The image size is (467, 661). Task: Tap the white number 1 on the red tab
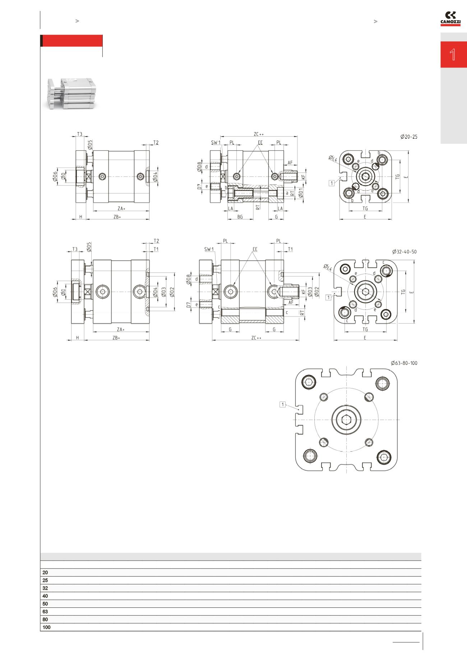pyautogui.click(x=453, y=55)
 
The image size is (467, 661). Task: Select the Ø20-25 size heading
pyautogui.click(x=409, y=137)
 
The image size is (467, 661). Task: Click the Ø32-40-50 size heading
pyautogui.click(x=404, y=252)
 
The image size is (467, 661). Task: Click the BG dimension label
pyautogui.click(x=240, y=217)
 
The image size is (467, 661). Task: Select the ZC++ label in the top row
pyautogui.click(x=259, y=134)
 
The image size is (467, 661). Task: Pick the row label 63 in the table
pyautogui.click(x=45, y=611)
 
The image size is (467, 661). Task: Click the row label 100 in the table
pyautogui.click(x=46, y=627)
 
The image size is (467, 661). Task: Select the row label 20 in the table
pyautogui.click(x=45, y=572)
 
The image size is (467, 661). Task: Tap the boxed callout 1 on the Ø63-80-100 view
pyautogui.click(x=283, y=405)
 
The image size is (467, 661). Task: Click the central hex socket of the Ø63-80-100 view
pyautogui.click(x=346, y=419)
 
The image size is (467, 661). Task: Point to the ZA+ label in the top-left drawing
pyautogui.click(x=121, y=208)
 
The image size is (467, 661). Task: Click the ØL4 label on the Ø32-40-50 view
pyautogui.click(x=328, y=267)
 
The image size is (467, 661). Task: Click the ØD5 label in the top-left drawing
pyautogui.click(x=90, y=145)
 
